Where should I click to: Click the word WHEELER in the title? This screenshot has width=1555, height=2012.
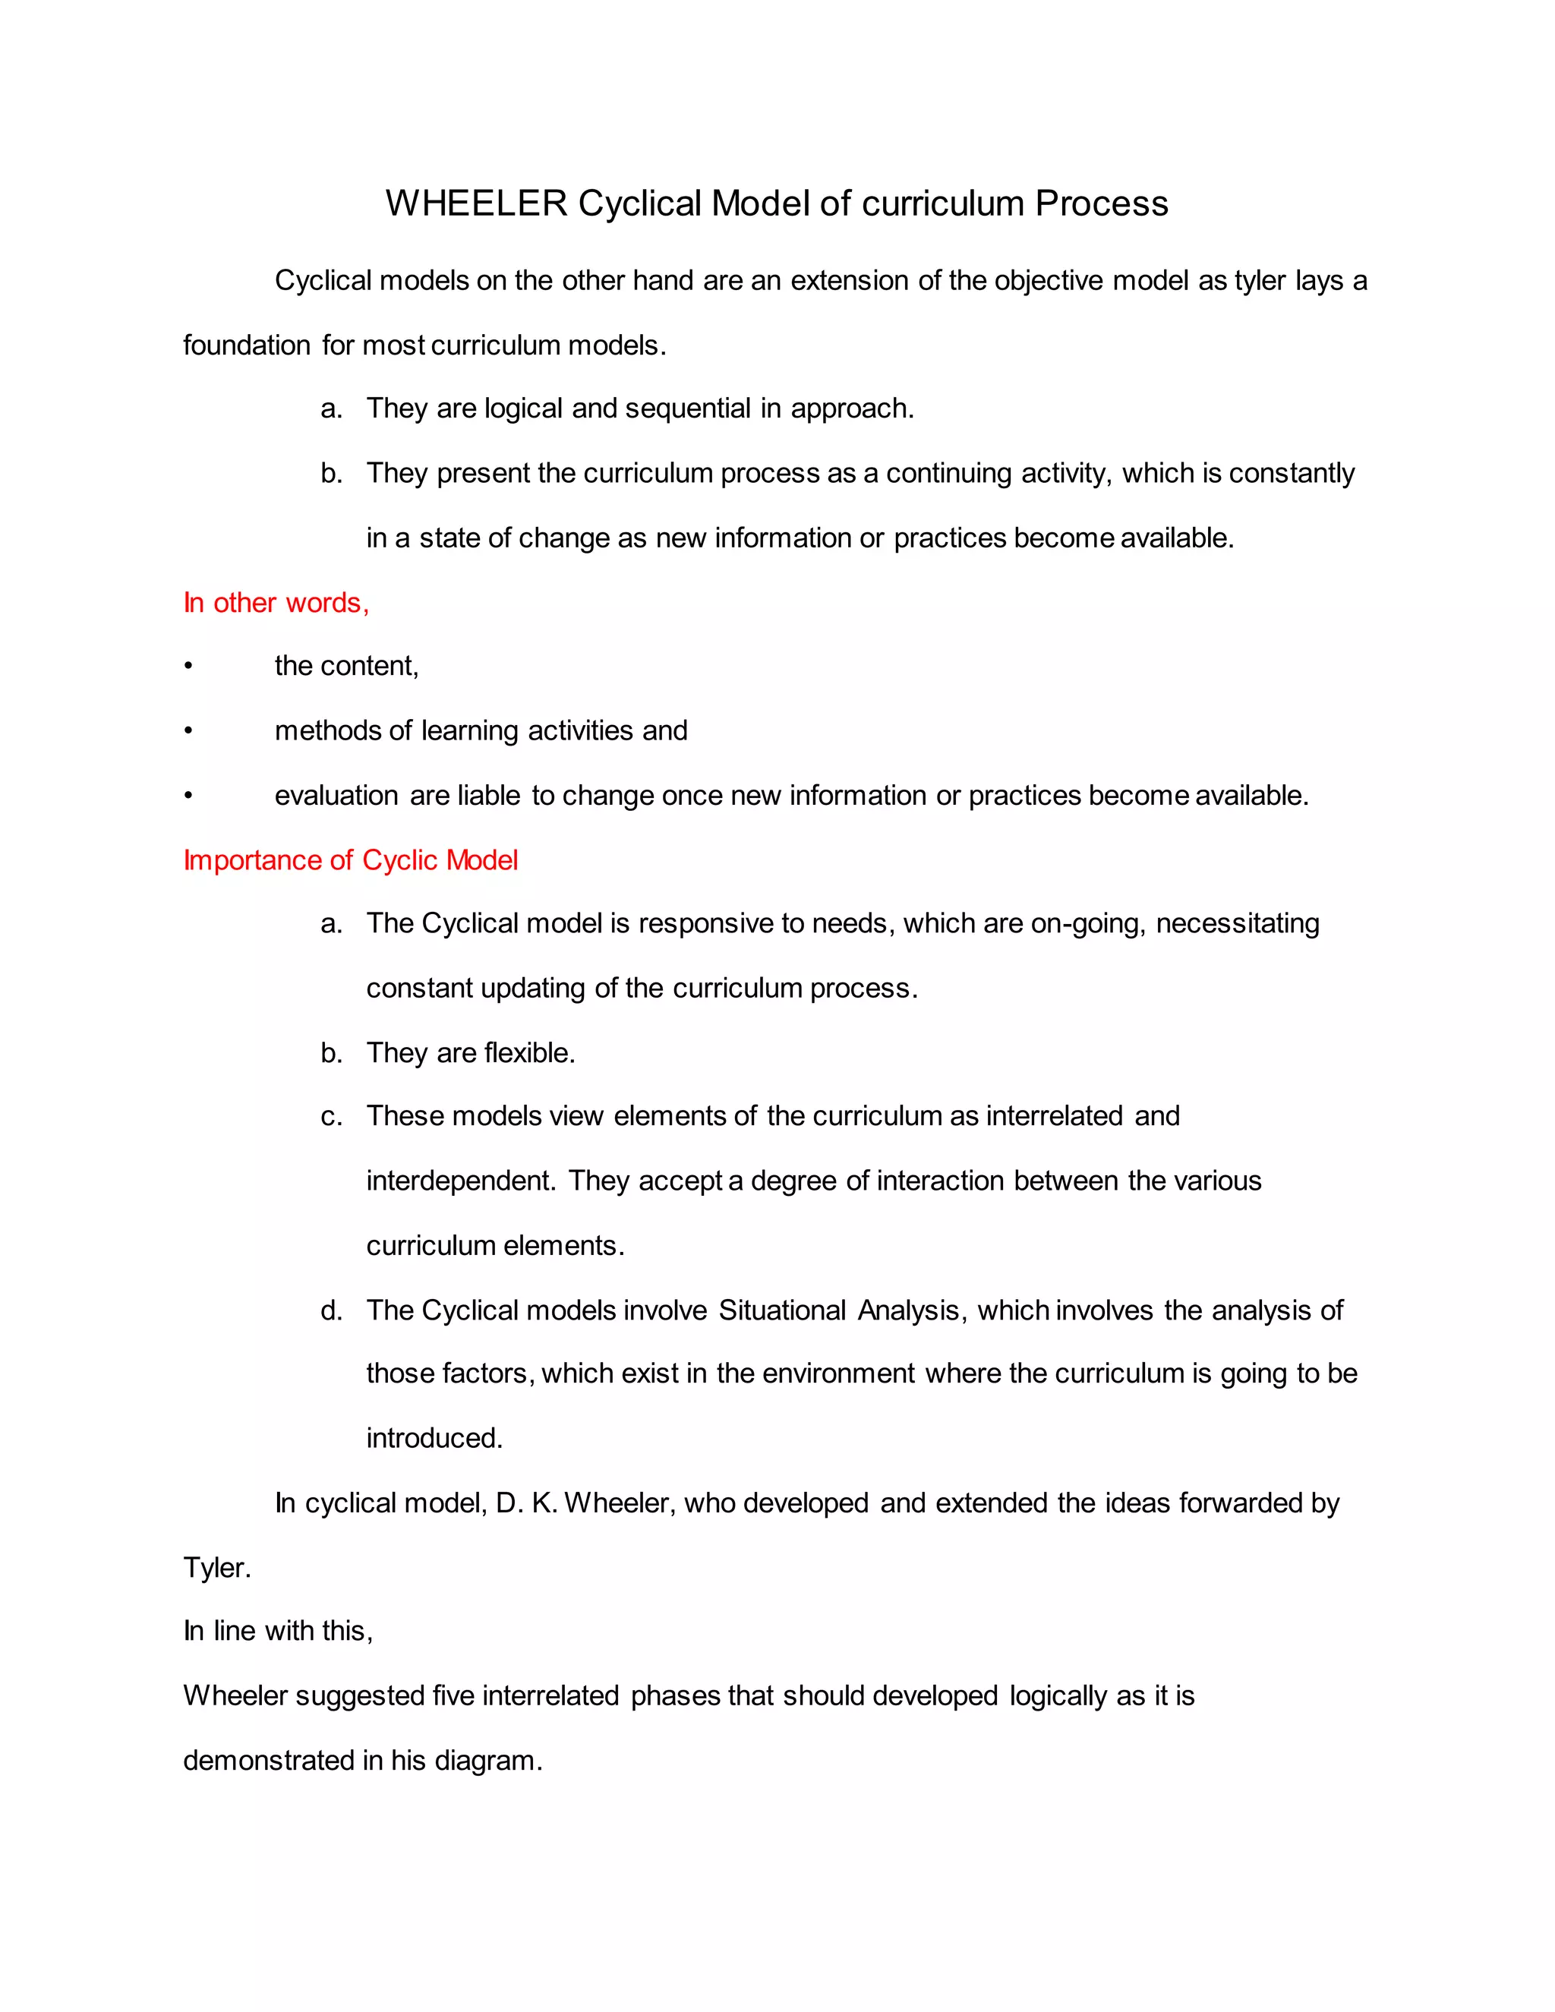(476, 203)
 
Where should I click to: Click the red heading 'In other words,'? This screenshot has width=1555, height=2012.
(276, 603)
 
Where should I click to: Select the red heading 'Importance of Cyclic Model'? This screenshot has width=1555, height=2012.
(350, 859)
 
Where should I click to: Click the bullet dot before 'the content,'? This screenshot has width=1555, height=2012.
(188, 666)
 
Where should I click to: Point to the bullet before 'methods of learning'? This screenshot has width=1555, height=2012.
(188, 730)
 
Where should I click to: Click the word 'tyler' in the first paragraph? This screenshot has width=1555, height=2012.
(1260, 280)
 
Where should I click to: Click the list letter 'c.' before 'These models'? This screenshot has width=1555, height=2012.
(332, 1117)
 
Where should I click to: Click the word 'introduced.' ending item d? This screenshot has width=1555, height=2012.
(434, 1438)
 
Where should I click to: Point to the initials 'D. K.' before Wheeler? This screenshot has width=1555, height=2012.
(525, 1503)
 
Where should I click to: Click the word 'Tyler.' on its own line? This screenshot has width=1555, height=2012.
(216, 1567)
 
